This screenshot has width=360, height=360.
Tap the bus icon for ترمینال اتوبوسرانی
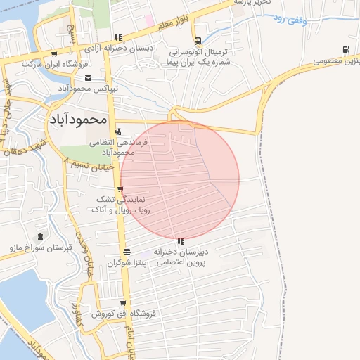198,40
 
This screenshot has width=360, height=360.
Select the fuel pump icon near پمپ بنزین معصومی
345,49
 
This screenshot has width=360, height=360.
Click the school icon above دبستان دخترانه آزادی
118,38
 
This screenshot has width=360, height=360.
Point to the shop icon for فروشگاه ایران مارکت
53,53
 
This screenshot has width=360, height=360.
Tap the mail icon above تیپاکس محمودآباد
88,78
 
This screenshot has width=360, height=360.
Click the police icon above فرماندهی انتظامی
117,131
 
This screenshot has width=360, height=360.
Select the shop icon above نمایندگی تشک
121,189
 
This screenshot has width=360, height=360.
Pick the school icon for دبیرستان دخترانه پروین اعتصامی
181,241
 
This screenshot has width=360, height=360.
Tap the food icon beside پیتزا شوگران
126,252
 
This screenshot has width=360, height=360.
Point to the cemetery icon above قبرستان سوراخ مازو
39,237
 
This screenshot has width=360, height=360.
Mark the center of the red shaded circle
180,180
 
